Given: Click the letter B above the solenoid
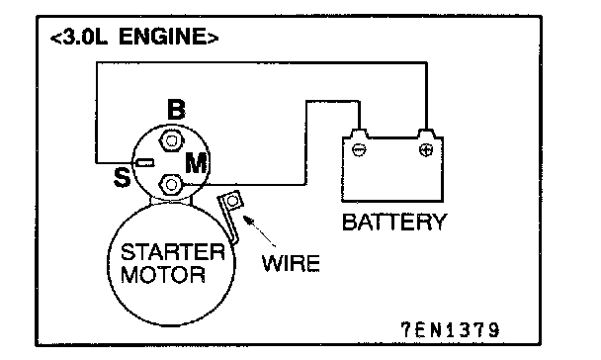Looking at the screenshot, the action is click(176, 109).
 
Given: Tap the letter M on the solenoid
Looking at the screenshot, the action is click(198, 163).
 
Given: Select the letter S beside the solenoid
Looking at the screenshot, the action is click(123, 177).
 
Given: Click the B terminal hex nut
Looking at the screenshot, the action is click(170, 140).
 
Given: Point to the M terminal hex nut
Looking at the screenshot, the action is click(171, 185).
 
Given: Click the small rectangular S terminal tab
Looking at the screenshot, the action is click(145, 163).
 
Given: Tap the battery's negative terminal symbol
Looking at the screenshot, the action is click(359, 149).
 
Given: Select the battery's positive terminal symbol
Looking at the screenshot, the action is click(426, 149).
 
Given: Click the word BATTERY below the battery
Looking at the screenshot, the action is click(394, 222).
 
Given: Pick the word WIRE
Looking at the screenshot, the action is click(291, 263).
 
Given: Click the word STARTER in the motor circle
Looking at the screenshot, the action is click(172, 252).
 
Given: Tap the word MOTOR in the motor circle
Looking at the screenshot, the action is click(163, 275).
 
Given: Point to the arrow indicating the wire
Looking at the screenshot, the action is click(260, 231).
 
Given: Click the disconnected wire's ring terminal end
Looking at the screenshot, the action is click(232, 201).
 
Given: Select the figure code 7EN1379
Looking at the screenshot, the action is click(451, 330).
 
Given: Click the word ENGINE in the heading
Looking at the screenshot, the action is click(163, 37).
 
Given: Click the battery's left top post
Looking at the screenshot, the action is click(359, 134).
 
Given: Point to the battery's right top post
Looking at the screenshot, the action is click(426, 134).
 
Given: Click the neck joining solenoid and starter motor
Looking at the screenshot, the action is click(171, 200).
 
